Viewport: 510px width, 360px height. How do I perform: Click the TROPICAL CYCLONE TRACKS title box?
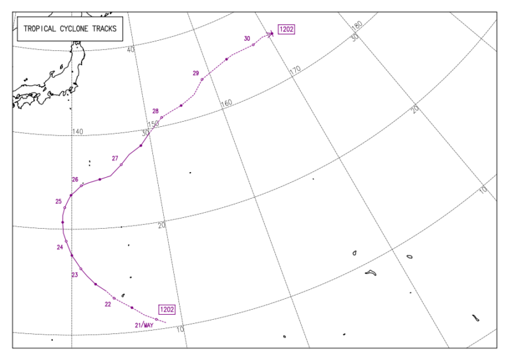point(71,29)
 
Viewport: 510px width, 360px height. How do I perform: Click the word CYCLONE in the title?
point(71,29)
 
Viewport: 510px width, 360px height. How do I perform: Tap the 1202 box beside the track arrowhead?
point(286,29)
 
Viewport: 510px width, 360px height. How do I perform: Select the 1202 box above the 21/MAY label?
point(167,310)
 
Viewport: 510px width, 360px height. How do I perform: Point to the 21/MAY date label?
point(144,325)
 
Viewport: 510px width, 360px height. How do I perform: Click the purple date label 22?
point(108,305)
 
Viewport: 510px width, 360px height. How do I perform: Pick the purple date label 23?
point(75,275)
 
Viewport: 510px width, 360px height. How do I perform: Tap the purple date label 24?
point(60,247)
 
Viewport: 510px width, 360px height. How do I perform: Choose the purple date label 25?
point(59,201)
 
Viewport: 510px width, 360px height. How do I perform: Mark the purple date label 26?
point(75,180)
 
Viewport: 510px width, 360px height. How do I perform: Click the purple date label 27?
point(115,158)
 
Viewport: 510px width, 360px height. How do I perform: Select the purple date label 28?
point(155,112)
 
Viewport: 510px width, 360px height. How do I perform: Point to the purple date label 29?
point(196,73)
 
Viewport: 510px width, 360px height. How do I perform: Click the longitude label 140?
point(78,132)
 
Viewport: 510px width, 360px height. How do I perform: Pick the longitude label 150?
point(153,124)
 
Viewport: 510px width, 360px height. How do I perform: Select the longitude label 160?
point(226,103)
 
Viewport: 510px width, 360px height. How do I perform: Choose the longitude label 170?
point(295,69)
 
